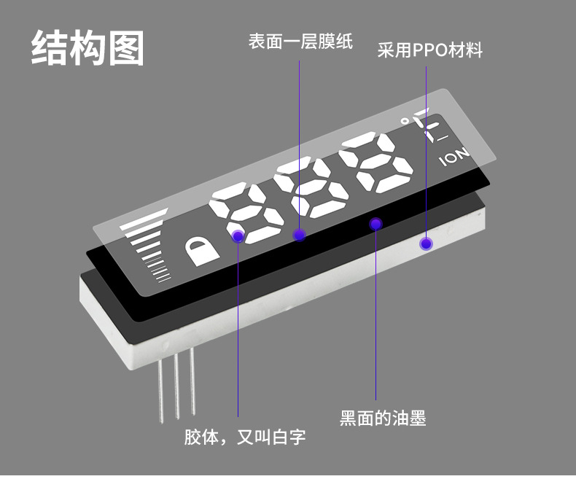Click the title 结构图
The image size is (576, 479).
pos(87,48)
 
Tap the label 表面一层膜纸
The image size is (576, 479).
pos(300,42)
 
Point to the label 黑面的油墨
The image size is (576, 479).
pos(383,418)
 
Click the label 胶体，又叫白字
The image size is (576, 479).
pos(244,437)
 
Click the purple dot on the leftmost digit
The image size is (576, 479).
pos(238,236)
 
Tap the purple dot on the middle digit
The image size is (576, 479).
pos(299,234)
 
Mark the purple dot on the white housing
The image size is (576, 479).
pos(426,244)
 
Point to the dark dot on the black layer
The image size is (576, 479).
pos(375,224)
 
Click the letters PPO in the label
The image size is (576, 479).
pos(430,50)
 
